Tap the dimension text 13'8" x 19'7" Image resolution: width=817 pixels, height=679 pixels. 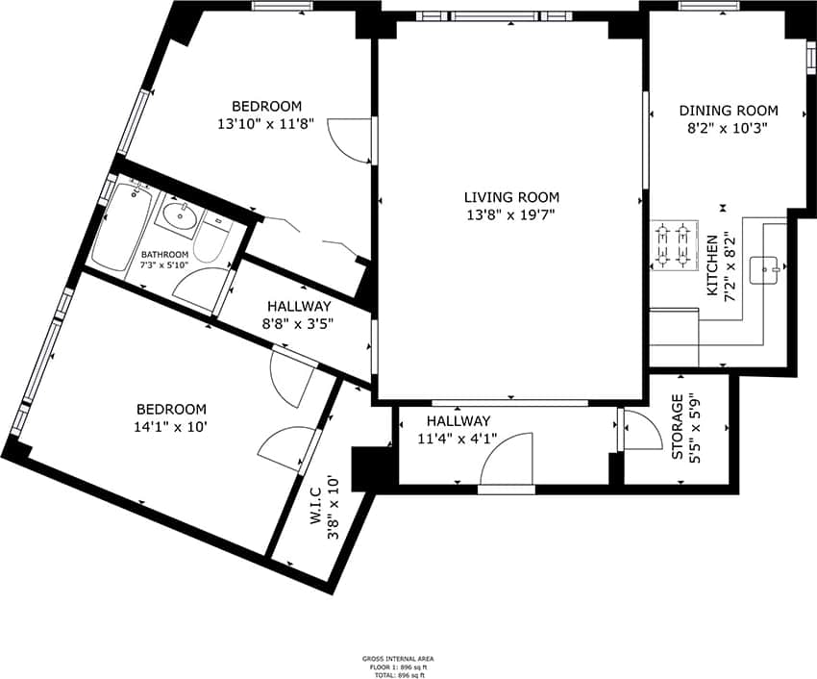click(x=508, y=214)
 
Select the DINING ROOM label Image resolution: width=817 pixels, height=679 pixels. click(x=729, y=111)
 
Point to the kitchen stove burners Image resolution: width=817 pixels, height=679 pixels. click(x=673, y=244)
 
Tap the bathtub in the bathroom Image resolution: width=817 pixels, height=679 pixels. click(x=118, y=227)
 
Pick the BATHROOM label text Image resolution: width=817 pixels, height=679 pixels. click(x=164, y=255)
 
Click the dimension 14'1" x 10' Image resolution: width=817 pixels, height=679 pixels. click(x=171, y=425)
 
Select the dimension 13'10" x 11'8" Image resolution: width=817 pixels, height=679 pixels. click(x=266, y=123)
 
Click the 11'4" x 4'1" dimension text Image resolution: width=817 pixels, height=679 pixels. click(x=458, y=439)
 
